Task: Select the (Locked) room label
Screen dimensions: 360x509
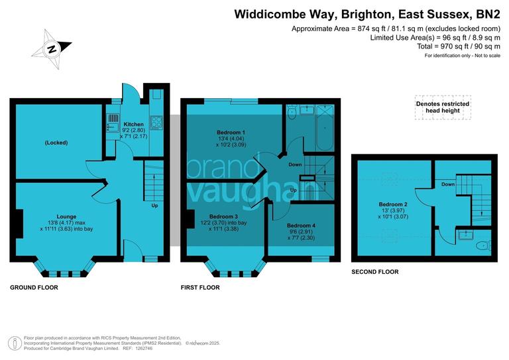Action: click(x=56, y=143)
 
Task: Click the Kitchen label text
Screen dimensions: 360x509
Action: click(x=133, y=124)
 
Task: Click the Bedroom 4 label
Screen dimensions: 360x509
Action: click(x=301, y=225)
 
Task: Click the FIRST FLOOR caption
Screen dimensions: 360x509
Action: click(x=200, y=288)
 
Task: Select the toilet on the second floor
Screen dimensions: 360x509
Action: click(x=482, y=246)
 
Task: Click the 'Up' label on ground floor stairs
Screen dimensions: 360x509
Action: click(x=155, y=205)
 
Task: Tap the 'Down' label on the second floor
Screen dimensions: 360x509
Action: click(x=448, y=184)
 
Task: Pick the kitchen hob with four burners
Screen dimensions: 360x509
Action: click(x=158, y=123)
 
